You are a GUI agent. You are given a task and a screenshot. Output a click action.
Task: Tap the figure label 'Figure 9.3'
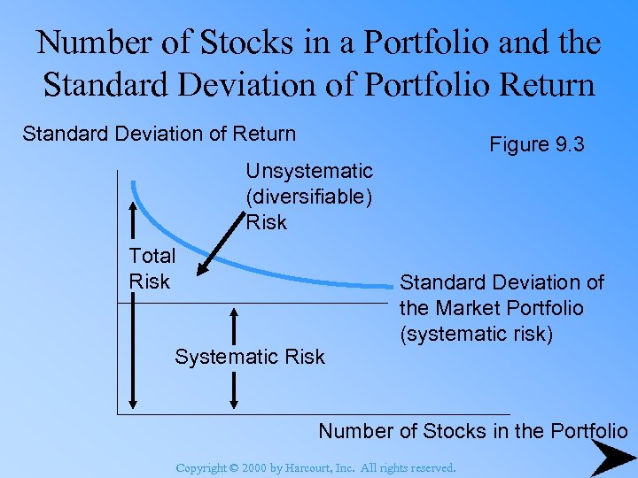click(x=537, y=144)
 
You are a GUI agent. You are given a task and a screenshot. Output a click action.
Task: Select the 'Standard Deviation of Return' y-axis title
click(x=159, y=134)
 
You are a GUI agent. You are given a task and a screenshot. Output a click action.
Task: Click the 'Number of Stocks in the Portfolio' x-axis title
click(x=472, y=431)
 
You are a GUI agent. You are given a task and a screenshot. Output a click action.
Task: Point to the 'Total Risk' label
click(x=152, y=268)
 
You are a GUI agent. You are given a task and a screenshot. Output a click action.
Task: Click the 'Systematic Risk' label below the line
click(x=250, y=357)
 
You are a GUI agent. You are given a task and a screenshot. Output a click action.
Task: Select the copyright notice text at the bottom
click(x=316, y=467)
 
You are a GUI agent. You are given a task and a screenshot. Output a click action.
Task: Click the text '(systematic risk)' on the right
click(x=476, y=334)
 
